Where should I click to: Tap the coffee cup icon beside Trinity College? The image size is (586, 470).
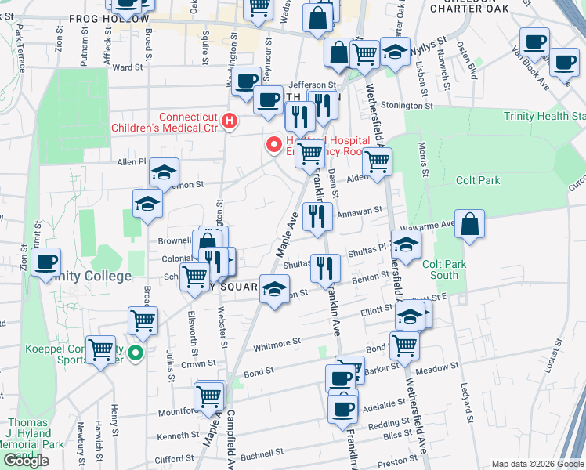point(46,262)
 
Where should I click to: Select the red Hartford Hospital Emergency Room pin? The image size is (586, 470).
point(274,144)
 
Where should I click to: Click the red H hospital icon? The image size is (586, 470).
point(229,121)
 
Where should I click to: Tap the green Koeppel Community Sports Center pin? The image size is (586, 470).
point(136,354)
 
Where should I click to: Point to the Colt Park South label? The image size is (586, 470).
point(444,269)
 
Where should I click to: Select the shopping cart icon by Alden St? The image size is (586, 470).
point(378,162)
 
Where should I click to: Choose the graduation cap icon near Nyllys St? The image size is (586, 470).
point(395,52)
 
